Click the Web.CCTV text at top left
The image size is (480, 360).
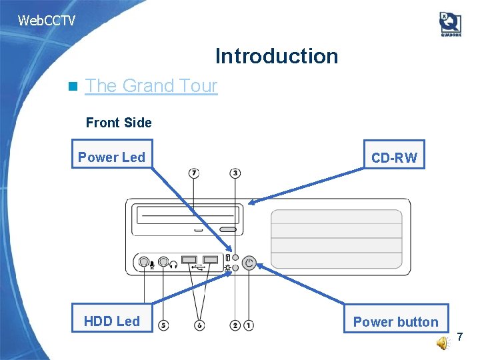(46, 21)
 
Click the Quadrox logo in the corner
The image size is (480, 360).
(450, 24)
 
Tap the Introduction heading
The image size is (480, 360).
(276, 56)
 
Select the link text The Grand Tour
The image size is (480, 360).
(151, 86)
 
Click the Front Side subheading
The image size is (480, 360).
(119, 123)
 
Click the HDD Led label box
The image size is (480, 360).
(112, 321)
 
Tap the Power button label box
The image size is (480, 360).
(396, 321)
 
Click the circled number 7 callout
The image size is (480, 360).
(193, 173)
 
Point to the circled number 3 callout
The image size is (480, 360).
(235, 173)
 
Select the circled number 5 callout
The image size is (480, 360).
(163, 325)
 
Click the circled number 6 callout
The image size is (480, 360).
(200, 325)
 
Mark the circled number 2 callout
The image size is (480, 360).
(235, 325)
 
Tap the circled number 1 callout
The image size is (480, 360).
(248, 325)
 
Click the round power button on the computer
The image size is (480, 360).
(249, 263)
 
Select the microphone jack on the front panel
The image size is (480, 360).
(143, 263)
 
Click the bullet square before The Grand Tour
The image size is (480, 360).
(73, 86)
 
